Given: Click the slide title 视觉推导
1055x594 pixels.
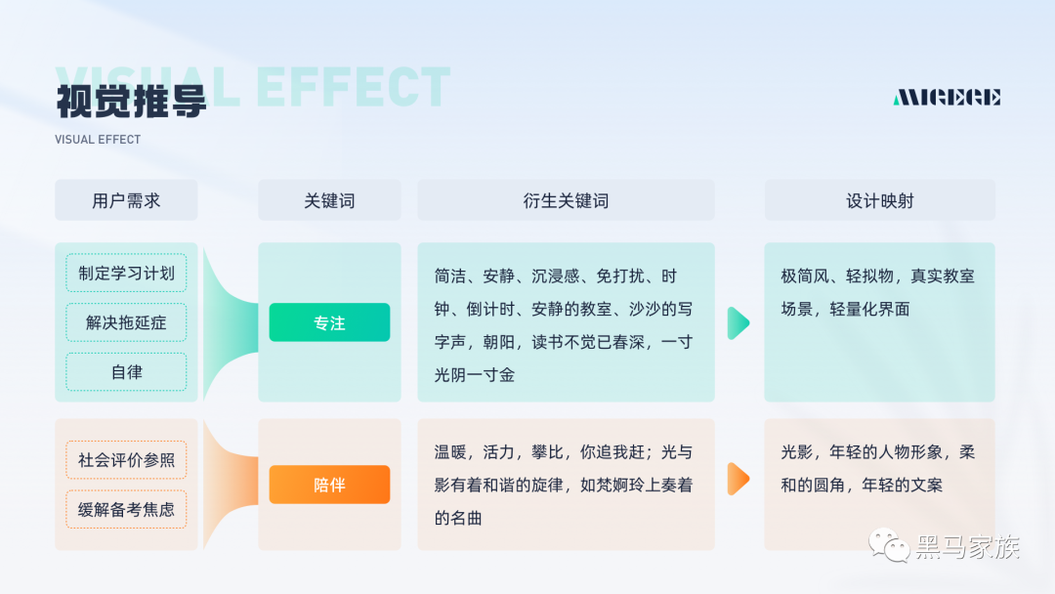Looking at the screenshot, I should [x=131, y=101].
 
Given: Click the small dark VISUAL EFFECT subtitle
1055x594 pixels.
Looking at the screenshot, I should [x=98, y=140].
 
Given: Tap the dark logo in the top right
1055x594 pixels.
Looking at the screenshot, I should [x=947, y=97].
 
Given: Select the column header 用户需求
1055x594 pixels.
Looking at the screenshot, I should [x=126, y=201].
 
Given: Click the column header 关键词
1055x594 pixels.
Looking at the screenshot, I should [x=329, y=201].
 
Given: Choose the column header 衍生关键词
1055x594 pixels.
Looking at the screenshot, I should [x=566, y=201].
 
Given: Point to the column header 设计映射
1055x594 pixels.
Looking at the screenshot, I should [x=879, y=201].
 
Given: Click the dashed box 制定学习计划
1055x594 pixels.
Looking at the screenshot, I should [x=126, y=273].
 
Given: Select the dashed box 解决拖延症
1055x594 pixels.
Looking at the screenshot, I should [x=126, y=322].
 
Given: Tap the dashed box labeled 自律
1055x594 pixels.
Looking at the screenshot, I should [x=126, y=372].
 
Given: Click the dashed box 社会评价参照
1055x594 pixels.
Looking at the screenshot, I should [x=126, y=459].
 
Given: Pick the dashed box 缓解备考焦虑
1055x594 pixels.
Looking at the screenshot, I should [x=126, y=509].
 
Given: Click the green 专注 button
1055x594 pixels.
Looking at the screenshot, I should [x=329, y=322].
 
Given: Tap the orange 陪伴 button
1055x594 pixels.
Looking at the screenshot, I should [x=329, y=485].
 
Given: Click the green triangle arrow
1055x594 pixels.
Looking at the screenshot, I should [x=738, y=322].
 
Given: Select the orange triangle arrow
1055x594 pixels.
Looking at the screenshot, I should [x=738, y=479].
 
